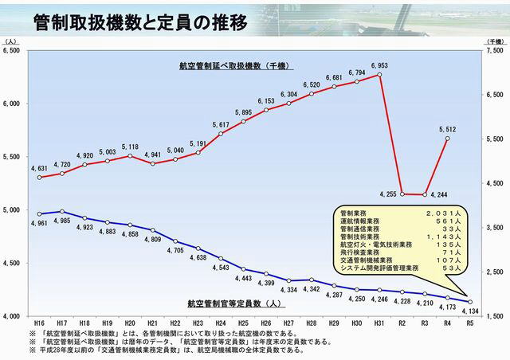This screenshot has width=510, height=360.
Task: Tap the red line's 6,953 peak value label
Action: pyautogui.click(x=379, y=65)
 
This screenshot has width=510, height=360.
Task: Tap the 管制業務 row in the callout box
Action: pyautogui.click(x=399, y=213)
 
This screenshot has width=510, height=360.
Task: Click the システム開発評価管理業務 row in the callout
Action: pyautogui.click(x=399, y=267)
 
